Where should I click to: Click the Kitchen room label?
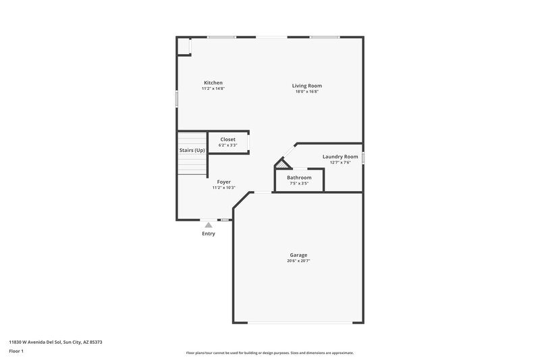[x=213, y=83]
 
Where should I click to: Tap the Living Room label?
[x=306, y=86]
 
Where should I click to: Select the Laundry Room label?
[x=340, y=157]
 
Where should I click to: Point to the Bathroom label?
[x=299, y=178]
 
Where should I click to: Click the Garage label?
[x=298, y=255]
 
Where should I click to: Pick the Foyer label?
[x=223, y=182]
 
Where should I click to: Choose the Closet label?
[x=227, y=139]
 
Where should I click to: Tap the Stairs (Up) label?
[x=192, y=150]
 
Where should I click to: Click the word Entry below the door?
[x=209, y=234]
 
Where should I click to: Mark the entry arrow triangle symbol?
[x=209, y=225]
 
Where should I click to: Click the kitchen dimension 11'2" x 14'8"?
[x=213, y=88]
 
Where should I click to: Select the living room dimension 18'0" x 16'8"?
[x=306, y=91]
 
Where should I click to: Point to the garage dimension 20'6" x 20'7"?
[x=298, y=261]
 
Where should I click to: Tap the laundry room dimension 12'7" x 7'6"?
[x=340, y=162]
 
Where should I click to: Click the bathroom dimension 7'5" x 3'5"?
[x=299, y=183]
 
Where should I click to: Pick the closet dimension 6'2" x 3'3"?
[x=227, y=145]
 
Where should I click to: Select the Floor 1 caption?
[x=16, y=352]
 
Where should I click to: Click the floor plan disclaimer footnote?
[x=269, y=353]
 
